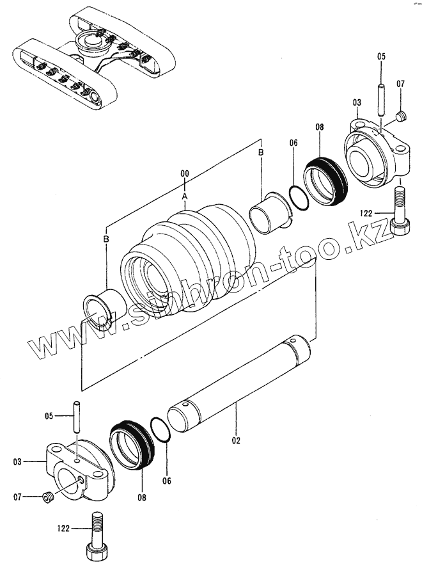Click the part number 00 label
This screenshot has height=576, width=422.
click(184, 174)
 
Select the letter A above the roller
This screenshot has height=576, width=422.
click(184, 195)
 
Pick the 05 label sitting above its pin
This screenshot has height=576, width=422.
click(382, 56)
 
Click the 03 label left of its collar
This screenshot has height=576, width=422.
click(17, 461)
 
